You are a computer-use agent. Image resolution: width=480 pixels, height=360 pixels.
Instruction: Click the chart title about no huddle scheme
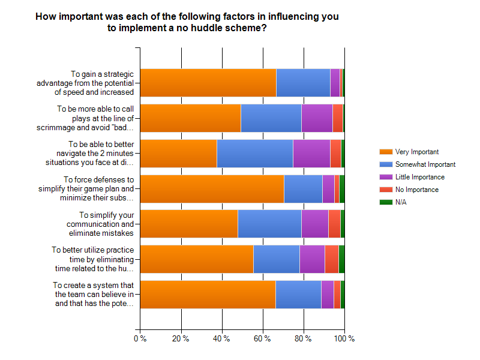click(187, 22)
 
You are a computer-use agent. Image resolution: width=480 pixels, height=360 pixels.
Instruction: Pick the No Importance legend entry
click(416, 190)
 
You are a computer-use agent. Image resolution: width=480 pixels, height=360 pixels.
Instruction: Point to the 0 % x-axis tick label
click(140, 339)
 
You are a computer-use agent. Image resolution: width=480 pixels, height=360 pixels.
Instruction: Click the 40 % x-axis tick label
click(222, 339)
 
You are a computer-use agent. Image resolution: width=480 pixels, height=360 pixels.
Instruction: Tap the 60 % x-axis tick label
click(263, 339)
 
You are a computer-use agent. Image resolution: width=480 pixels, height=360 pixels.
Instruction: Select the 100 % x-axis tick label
click(344, 339)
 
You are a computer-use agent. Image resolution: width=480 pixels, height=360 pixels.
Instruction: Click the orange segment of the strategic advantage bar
click(208, 83)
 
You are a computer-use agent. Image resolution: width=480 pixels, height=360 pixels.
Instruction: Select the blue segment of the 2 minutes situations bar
click(254, 153)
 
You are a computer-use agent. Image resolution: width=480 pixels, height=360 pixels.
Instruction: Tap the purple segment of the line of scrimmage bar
click(317, 118)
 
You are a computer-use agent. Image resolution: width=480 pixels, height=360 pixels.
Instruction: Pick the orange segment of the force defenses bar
click(212, 188)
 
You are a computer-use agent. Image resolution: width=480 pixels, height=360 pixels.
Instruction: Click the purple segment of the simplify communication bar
click(314, 224)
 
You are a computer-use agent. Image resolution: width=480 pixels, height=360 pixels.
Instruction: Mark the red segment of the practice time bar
click(331, 259)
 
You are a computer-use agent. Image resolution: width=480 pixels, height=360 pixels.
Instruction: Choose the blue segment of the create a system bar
click(298, 294)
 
